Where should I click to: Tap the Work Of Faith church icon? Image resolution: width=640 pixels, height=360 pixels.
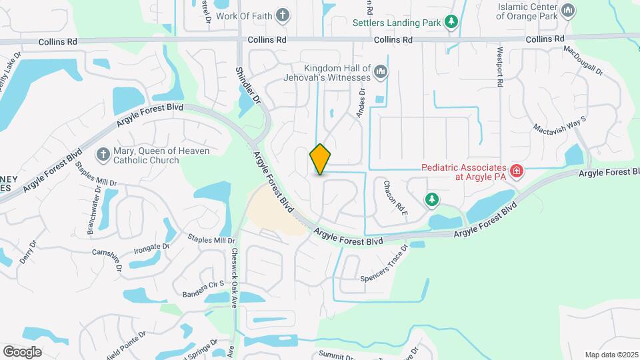(283, 15)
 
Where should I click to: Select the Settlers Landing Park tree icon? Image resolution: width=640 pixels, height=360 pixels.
(452, 22)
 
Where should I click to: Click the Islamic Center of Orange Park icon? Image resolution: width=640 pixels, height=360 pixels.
(568, 10)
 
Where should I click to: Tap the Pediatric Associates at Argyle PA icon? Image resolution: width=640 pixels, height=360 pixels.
(517, 172)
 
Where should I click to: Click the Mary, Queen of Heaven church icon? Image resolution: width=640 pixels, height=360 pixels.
(103, 155)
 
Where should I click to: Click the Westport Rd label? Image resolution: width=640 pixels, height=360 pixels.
(499, 67)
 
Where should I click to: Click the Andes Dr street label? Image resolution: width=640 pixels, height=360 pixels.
(361, 104)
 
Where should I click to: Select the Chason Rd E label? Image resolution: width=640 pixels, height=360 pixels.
(395, 197)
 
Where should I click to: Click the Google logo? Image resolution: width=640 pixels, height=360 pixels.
(22, 351)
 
